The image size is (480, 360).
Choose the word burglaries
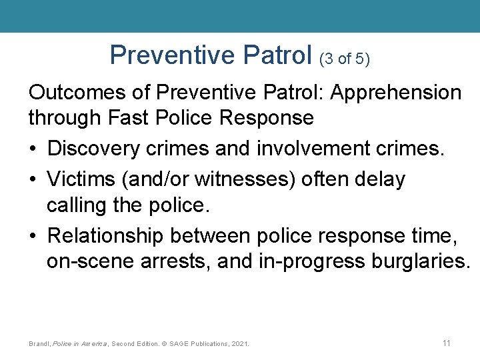point(418,263)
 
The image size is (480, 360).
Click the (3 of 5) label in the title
point(345,59)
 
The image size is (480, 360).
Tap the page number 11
point(447,343)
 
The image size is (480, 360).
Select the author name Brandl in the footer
point(39,344)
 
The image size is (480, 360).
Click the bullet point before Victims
point(33,179)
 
